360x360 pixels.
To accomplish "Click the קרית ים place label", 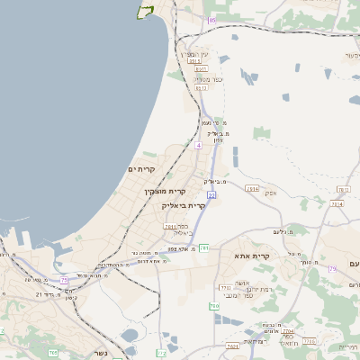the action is click(x=142, y=169).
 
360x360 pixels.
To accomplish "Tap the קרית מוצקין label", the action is click(x=165, y=191).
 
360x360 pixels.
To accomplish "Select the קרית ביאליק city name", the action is click(x=184, y=205).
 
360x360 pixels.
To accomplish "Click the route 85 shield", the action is click(x=211, y=20).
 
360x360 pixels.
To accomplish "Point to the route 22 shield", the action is click(x=211, y=194).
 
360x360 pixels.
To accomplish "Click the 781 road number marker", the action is click(x=204, y=247).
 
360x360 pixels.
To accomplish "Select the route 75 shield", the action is click(x=65, y=281).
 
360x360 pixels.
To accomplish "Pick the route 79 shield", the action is click(x=332, y=268).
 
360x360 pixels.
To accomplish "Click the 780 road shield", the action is click(x=214, y=307).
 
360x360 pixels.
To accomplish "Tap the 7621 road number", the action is click(x=232, y=346).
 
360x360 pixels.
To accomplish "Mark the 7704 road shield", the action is click(x=289, y=333).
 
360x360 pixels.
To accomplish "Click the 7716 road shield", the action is click(x=310, y=341).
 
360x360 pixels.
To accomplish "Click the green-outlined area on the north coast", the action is click(x=143, y=12).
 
